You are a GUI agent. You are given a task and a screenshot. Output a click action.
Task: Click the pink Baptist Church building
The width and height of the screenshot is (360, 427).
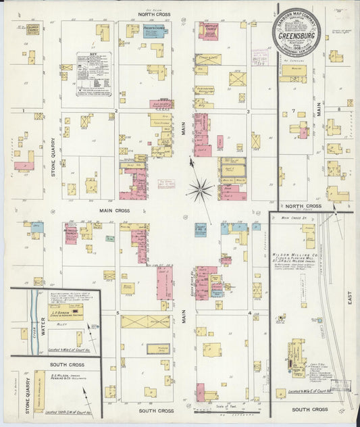coord(209,30)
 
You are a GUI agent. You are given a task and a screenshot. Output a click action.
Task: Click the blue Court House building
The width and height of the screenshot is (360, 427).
coord(201,231)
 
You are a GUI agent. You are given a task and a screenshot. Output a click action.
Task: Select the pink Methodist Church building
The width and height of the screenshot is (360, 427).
coord(71,232)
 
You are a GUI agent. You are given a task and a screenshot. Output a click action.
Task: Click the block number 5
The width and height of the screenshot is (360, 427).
coord(118,313)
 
